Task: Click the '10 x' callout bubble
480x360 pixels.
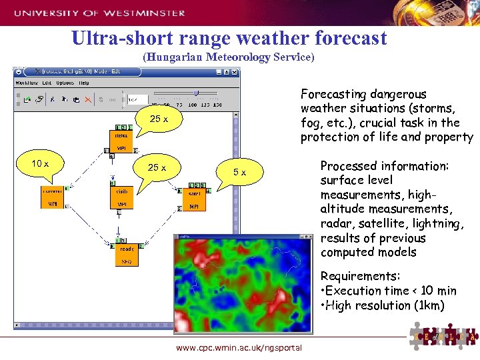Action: click(39, 164)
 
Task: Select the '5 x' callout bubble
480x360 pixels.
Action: click(239, 172)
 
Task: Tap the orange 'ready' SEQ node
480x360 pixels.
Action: click(127, 254)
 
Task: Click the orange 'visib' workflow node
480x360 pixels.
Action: click(122, 197)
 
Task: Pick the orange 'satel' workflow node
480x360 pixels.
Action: click(194, 199)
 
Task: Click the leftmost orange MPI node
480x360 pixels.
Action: click(52, 197)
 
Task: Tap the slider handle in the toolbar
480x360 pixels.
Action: click(195, 93)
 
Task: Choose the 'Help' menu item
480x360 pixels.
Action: click(83, 83)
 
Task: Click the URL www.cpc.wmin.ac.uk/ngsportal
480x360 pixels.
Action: click(239, 347)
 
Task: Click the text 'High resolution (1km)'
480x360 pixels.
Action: click(378, 305)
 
